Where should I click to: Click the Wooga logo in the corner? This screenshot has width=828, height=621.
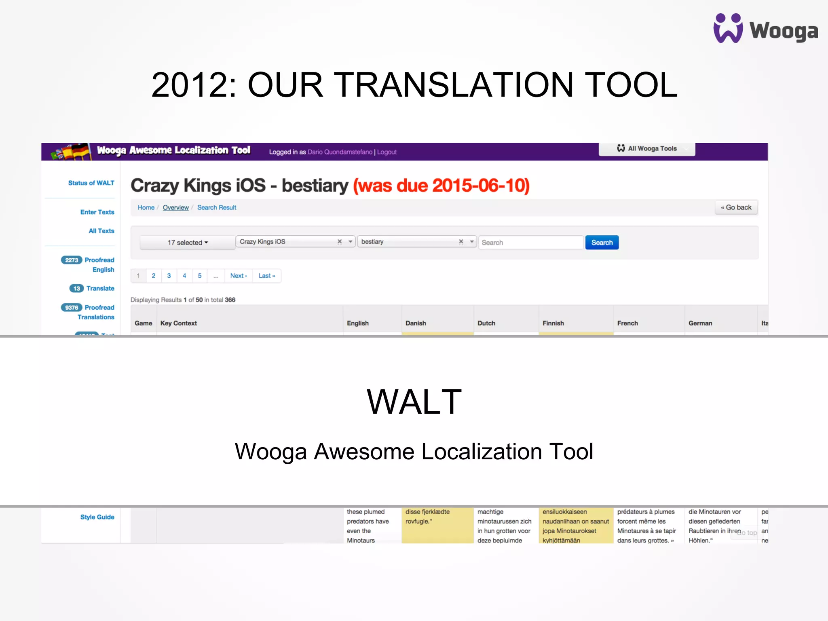coord(765,28)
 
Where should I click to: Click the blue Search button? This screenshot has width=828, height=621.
coord(602,243)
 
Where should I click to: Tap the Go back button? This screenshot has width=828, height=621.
coord(736,207)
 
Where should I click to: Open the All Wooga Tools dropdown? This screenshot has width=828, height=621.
coord(647,149)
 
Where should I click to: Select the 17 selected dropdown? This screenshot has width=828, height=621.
coord(188,243)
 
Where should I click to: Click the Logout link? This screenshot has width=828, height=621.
coord(387,152)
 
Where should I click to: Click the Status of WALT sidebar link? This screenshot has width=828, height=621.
coord(91,183)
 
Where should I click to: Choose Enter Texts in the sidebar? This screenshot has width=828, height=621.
coord(97,212)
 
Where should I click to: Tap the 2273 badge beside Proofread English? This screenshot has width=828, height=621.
coord(72,260)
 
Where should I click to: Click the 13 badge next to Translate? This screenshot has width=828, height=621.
coord(76,288)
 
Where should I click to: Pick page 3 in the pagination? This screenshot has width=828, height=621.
coord(169,276)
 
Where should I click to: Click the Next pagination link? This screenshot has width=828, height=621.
coord(238,276)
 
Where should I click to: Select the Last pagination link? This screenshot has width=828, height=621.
coord(266,276)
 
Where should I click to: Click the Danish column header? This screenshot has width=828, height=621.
coord(416,323)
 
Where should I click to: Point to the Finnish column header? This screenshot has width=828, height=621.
coord(553,323)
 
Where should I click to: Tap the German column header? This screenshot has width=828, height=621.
coord(700,323)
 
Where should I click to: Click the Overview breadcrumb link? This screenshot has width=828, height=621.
coord(175,207)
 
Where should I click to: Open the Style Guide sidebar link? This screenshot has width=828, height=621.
coord(97,517)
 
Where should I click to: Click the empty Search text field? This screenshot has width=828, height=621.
coord(530,243)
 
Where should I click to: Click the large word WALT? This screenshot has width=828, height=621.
coord(414,402)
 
